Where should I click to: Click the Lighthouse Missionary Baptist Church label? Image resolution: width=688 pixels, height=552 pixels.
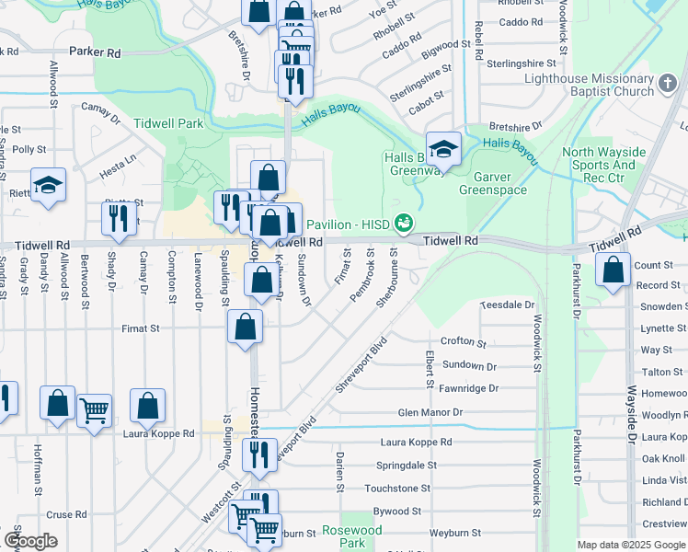click(589, 86)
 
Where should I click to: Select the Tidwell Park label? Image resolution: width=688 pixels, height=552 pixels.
click(167, 122)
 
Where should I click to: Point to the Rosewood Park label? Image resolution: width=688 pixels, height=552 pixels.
click(351, 537)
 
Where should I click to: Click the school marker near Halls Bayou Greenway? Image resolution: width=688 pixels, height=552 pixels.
click(443, 149)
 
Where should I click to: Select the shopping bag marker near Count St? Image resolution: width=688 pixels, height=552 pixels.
click(613, 270)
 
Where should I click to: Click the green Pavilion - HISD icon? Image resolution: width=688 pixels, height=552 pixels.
click(402, 224)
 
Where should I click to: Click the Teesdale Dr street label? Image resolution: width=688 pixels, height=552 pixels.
click(508, 305)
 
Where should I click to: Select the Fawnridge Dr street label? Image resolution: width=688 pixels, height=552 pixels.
click(468, 389)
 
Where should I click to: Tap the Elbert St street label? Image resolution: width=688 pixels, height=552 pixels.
click(430, 369)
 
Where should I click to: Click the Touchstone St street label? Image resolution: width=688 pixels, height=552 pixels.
click(397, 489)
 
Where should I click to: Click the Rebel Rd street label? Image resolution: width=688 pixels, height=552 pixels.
click(478, 41)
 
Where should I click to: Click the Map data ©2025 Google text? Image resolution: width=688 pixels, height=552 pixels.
click(632, 545)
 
